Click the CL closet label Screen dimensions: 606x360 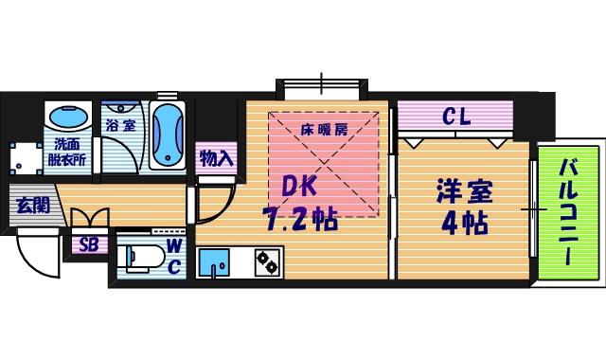pyautogui.click(x=455, y=117)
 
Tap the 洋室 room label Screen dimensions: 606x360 pyautogui.click(x=463, y=192)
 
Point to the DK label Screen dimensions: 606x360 pyautogui.click(x=301, y=187)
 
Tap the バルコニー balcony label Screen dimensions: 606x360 pyautogui.click(x=569, y=213)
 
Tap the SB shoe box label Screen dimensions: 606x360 pyautogui.click(x=88, y=245)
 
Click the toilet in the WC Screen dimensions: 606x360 pyautogui.click(x=136, y=258)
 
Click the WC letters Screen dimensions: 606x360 pyautogui.click(x=175, y=256)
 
